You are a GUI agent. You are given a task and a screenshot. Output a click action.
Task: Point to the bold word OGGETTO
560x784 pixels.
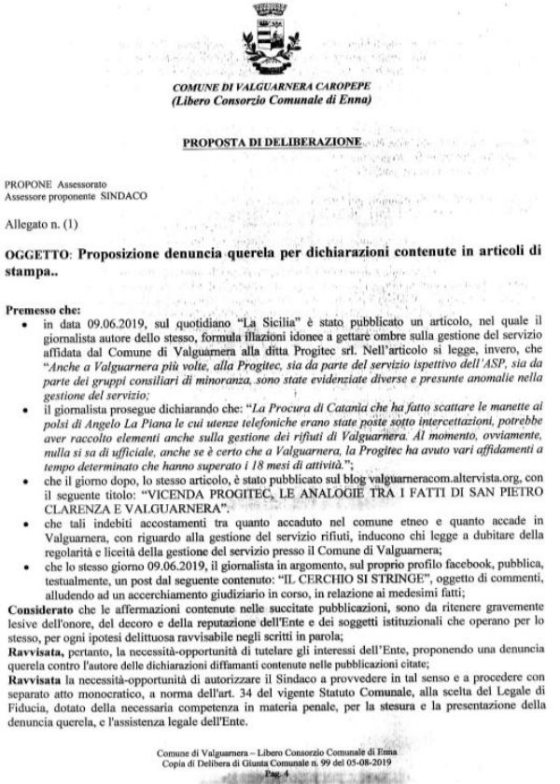[x=37, y=255]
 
